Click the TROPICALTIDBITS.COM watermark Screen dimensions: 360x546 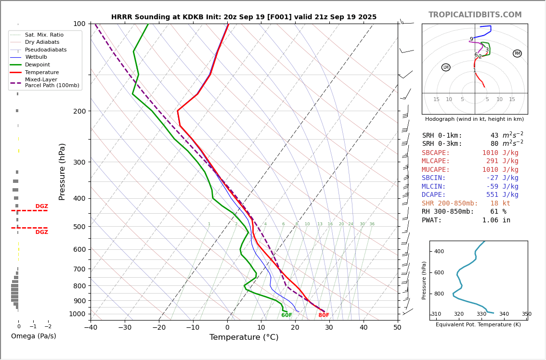click(475, 15)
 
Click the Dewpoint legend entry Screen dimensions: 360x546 click(38, 65)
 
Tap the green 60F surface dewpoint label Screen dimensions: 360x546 click(286, 315)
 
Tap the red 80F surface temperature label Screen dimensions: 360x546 click(324, 315)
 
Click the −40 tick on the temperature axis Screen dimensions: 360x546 click(91, 328)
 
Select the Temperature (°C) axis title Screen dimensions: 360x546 click(244, 337)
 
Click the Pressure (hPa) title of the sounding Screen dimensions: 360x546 click(62, 171)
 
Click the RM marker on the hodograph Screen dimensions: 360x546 click(517, 53)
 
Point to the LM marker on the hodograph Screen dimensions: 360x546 click(446, 67)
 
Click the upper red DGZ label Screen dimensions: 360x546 click(41, 206)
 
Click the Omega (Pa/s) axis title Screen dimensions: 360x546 click(33, 336)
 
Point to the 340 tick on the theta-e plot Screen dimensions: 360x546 click(504, 314)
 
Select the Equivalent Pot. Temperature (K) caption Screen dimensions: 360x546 click(478, 325)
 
